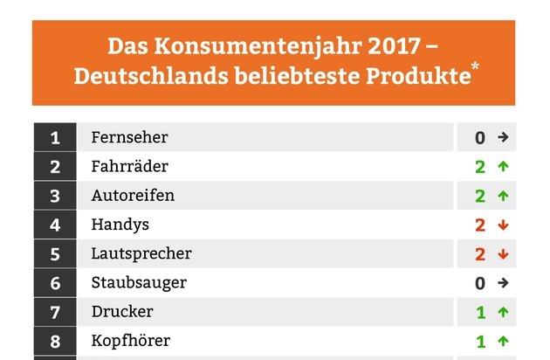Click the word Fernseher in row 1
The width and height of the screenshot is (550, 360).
129,137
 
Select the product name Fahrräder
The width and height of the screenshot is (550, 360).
129,166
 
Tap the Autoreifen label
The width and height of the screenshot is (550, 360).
133,195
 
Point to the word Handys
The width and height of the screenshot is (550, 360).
120,225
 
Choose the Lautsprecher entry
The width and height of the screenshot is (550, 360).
141,253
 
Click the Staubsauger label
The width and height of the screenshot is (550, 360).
139,282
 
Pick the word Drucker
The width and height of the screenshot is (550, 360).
121,312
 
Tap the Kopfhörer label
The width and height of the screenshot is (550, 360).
130,341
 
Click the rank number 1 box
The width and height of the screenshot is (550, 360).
55,137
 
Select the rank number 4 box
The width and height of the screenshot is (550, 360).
55,225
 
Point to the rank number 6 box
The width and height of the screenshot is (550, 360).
55,283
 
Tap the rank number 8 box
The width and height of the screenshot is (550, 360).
55,341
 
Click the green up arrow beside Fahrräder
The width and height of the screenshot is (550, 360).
502,167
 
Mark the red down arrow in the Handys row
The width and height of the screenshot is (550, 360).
502,225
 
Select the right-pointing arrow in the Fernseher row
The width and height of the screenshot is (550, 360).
502,138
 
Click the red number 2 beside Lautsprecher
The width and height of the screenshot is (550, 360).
480,254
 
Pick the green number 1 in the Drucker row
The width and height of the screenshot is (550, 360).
480,312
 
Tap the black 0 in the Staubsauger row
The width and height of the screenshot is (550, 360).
480,283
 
